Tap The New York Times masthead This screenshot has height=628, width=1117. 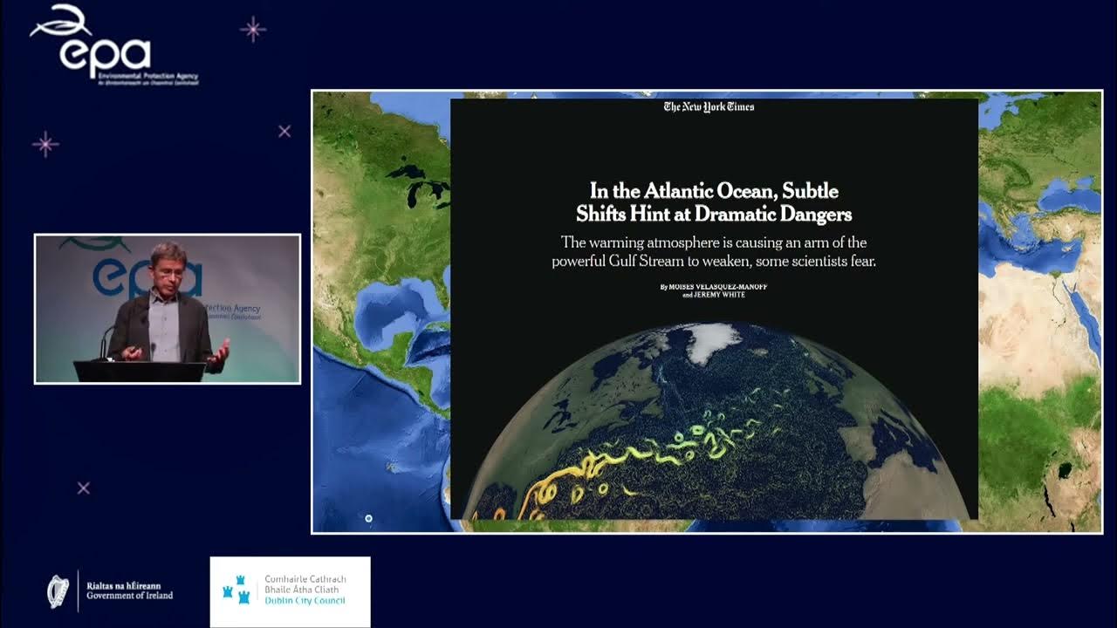coord(709,107)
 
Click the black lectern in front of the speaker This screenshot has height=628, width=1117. coord(140,371)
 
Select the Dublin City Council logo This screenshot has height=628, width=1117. coord(290,591)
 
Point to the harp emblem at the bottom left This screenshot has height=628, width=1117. coord(58,590)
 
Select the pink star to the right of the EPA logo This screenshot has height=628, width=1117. coord(252,30)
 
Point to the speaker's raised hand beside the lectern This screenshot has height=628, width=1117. coord(219,352)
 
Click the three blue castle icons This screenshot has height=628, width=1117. coord(236,590)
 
